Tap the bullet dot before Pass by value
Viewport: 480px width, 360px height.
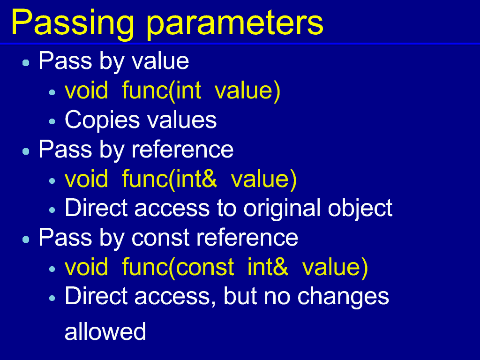pyautogui.click(x=26, y=63)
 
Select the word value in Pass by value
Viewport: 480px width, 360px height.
pyautogui.click(x=160, y=61)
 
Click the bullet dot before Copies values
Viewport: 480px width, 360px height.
pyautogui.click(x=52, y=121)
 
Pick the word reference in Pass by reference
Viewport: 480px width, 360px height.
pyautogui.click(x=182, y=150)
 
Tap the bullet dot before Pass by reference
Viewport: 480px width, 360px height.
pyautogui.click(x=26, y=151)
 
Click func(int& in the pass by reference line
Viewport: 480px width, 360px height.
pyautogui.click(x=170, y=180)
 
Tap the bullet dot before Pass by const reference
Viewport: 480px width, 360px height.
pyautogui.click(x=26, y=240)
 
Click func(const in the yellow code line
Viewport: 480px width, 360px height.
pyautogui.click(x=178, y=268)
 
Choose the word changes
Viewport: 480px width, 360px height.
pyautogui.click(x=343, y=297)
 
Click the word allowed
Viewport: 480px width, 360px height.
pyautogui.click(x=105, y=331)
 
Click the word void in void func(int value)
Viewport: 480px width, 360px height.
pyautogui.click(x=86, y=90)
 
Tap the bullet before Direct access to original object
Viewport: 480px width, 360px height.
pyautogui.click(x=52, y=210)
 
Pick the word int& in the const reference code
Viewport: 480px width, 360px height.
pyautogui.click(x=268, y=267)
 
